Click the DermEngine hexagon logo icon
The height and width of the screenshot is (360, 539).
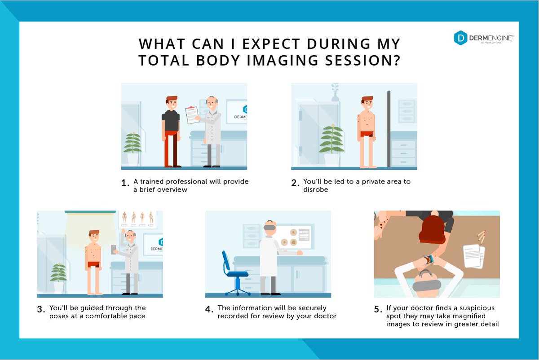460,38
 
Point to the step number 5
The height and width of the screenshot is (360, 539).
378,310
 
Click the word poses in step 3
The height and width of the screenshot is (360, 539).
59,316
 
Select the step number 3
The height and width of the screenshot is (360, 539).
41,309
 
